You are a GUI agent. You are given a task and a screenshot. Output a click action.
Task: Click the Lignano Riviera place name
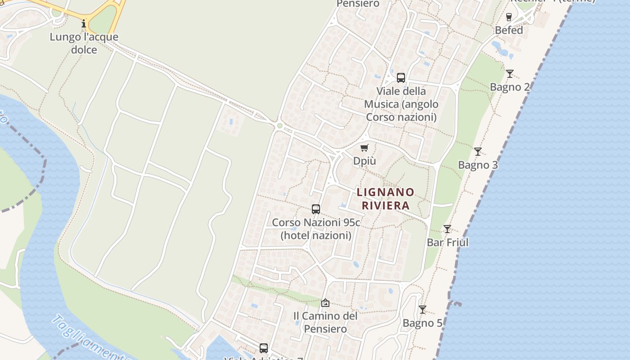385,199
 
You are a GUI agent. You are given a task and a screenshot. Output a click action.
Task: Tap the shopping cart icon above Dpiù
364,148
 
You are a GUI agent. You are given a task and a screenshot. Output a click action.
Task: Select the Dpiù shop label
364,161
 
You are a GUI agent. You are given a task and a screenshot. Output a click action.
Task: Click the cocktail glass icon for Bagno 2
510,74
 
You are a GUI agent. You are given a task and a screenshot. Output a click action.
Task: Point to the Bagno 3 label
478,165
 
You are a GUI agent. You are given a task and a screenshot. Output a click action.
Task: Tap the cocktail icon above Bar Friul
447,229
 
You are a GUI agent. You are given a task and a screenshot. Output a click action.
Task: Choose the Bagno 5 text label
423,323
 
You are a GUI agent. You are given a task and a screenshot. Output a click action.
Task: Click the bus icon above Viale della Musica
401,77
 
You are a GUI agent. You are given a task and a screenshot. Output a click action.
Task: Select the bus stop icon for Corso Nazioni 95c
316,209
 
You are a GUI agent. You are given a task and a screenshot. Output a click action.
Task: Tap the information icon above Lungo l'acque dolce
84,23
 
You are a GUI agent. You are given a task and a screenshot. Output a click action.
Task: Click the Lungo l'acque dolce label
84,43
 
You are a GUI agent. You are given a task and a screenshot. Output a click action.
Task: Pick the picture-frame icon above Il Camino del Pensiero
325,303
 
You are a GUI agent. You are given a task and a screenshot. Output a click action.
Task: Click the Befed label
509,30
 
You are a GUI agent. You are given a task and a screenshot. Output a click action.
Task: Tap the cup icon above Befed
509,17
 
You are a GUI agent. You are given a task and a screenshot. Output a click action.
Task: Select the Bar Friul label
448,243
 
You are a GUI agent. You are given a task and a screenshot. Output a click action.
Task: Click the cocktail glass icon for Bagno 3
478,152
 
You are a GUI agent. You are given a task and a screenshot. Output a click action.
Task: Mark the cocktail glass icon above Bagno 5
423,310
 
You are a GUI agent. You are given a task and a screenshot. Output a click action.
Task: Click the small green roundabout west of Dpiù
279,126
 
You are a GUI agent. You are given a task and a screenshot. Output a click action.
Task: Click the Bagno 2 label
510,87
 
